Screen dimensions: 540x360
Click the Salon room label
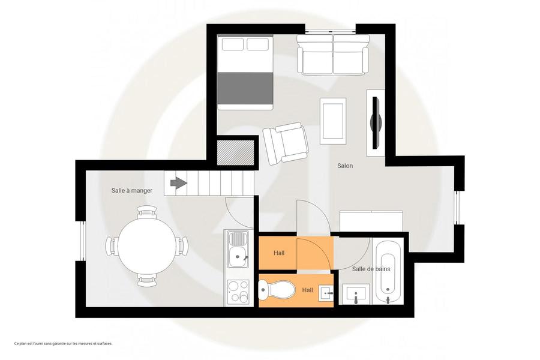345,166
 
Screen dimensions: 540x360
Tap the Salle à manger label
131,191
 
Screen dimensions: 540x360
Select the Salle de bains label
371,269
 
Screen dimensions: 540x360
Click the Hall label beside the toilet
307,290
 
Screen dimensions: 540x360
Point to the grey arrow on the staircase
179,183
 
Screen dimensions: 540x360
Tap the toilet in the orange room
276,290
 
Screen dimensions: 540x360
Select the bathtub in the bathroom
388,272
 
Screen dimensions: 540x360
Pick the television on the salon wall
376,122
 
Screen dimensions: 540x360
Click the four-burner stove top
238,292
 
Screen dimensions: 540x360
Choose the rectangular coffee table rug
332,121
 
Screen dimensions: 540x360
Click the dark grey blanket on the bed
245,88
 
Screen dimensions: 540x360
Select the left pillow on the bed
233,44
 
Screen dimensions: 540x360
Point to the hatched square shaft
236,152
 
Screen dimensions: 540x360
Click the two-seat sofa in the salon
332,55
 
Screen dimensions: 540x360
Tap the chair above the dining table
147,212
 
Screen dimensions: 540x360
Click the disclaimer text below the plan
64,343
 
